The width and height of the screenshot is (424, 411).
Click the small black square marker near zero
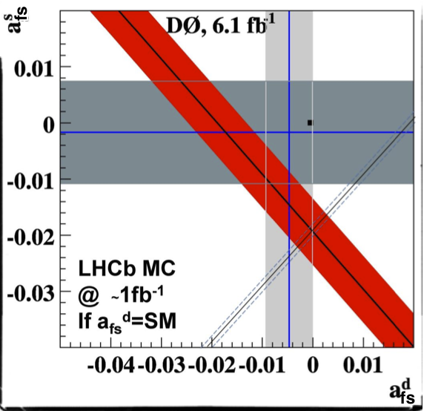click(x=310, y=122)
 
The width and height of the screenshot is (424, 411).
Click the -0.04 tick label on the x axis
click(x=111, y=366)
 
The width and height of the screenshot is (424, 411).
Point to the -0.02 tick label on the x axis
click(x=214, y=366)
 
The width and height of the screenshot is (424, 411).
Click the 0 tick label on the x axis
click(x=313, y=366)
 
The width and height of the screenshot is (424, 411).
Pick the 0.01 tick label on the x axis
click(x=359, y=366)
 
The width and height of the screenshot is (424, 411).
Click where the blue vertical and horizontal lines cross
click(x=289, y=132)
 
